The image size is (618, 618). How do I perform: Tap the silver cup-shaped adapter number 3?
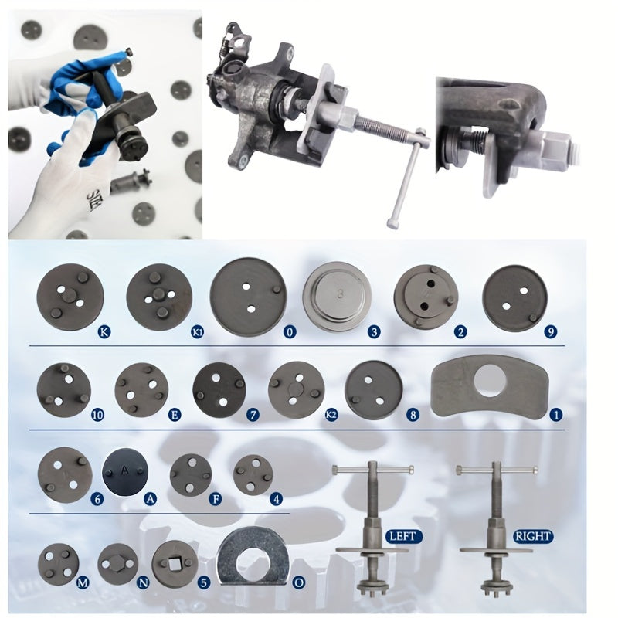pyautogui.click(x=336, y=294)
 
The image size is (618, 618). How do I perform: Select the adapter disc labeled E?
pyautogui.click(x=142, y=388)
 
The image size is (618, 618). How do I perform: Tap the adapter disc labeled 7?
pyautogui.click(x=219, y=388)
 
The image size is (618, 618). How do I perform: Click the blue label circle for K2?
pyautogui.click(x=331, y=415)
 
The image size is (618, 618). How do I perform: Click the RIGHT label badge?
pyautogui.click(x=532, y=535)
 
